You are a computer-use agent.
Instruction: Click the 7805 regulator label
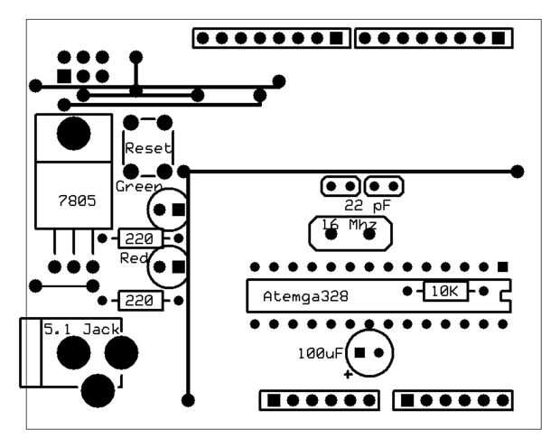pyautogui.click(x=76, y=201)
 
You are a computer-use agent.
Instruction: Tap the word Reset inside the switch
pyautogui.click(x=148, y=148)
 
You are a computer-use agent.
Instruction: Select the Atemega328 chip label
pyautogui.click(x=306, y=295)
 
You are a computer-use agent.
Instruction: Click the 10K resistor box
pyautogui.click(x=445, y=292)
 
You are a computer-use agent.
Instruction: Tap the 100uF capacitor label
pyautogui.click(x=319, y=352)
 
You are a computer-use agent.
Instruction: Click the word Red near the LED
pyautogui.click(x=133, y=258)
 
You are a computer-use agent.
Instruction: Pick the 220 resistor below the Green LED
pyautogui.click(x=138, y=238)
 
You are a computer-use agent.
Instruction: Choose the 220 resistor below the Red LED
pyautogui.click(x=138, y=300)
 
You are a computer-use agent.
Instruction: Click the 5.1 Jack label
pyautogui.click(x=83, y=331)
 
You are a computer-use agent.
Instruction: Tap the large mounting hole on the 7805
pyautogui.click(x=73, y=134)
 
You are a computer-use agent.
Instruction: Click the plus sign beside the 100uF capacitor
pyautogui.click(x=348, y=371)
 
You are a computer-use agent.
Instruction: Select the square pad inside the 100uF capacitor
pyautogui.click(x=359, y=352)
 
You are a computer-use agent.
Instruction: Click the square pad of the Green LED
pyautogui.click(x=179, y=210)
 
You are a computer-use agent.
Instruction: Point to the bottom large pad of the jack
pyautogui.click(x=98, y=390)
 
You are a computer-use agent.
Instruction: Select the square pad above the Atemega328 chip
pyautogui.click(x=502, y=267)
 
